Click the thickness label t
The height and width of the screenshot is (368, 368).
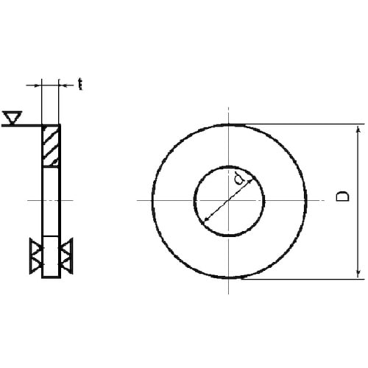pyautogui.click(x=79, y=85)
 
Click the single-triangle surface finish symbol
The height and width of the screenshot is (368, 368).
pyautogui.click(x=12, y=117)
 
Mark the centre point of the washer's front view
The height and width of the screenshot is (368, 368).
pyautogui.click(x=229, y=201)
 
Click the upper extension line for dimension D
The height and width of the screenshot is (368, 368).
pyautogui.click(x=294, y=124)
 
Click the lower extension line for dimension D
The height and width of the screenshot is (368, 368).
pyautogui.click(x=294, y=279)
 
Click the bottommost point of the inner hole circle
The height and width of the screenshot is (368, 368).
pyautogui.click(x=229, y=236)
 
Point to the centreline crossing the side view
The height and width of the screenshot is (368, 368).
pyautogui.click(x=52, y=201)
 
